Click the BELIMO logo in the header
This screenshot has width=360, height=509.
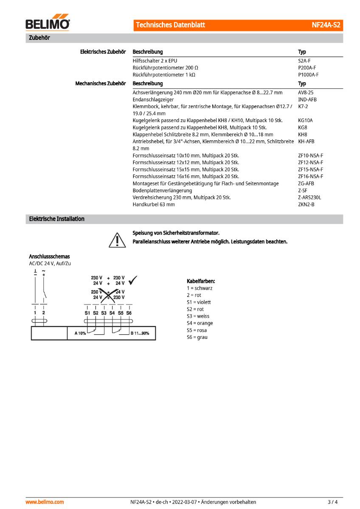pyautogui.click(x=48, y=24)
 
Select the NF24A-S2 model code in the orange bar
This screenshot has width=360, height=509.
pyautogui.click(x=326, y=25)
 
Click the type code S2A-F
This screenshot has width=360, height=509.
pyautogui.click(x=304, y=61)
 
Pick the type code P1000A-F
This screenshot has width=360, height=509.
pyautogui.click(x=308, y=75)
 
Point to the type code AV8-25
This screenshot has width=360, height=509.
pyautogui.click(x=306, y=92)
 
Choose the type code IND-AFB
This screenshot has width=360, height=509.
pyautogui.click(x=307, y=99)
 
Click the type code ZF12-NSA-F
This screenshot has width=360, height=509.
pyautogui.click(x=310, y=162)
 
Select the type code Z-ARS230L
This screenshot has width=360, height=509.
pyautogui.click(x=309, y=197)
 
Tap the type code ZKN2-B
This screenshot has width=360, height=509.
pyautogui.click(x=306, y=204)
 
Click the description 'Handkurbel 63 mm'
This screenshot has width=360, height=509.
pyautogui.click(x=154, y=204)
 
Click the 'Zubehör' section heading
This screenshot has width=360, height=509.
pyautogui.click(x=38, y=38)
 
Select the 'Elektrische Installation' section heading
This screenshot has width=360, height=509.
pyautogui.click(x=56, y=219)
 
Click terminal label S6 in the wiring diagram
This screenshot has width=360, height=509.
pyautogui.click(x=129, y=313)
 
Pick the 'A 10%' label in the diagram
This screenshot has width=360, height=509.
pyautogui.click(x=80, y=333)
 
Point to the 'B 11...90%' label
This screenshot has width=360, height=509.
pyautogui.click(x=140, y=333)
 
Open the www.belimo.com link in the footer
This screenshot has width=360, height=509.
pyautogui.click(x=45, y=502)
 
